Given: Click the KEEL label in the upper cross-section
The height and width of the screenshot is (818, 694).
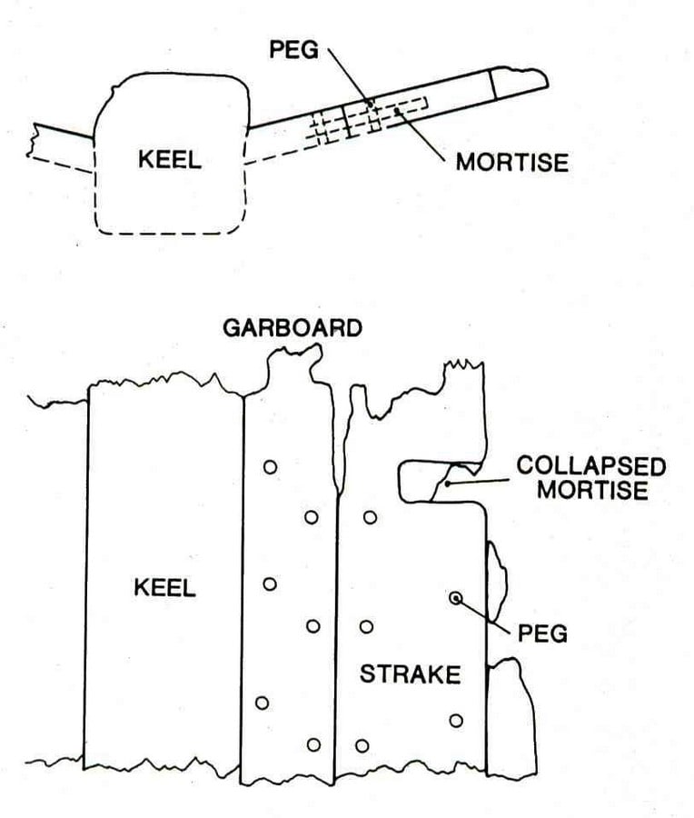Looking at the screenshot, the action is tap(170, 159).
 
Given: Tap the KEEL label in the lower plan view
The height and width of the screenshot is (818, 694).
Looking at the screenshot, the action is tap(164, 587).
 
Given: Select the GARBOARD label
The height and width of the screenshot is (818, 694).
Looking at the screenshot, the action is tap(292, 328).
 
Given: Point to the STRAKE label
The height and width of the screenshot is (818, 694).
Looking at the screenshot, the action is tap(410, 674).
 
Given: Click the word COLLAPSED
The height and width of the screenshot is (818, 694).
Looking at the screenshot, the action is tap(590, 466).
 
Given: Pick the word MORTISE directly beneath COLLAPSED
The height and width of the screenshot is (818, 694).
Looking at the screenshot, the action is tap(592, 490).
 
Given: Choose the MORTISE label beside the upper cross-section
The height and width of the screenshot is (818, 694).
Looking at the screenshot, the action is tap(512, 163).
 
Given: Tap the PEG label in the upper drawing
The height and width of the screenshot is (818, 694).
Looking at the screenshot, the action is tap(293, 50).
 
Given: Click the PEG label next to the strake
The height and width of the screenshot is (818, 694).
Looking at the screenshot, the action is tap(542, 633).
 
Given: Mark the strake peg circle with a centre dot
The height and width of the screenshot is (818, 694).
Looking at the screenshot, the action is tap(456, 598).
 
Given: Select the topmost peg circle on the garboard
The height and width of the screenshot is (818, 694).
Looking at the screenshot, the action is tap(270, 467).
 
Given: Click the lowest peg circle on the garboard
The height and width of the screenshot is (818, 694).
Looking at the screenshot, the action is tap(313, 744).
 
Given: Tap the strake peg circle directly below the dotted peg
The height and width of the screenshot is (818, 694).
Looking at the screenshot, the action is tap(456, 721).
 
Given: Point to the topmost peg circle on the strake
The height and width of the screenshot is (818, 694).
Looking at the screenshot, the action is tap(371, 517).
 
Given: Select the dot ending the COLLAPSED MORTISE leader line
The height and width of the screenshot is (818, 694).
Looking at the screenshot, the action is tap(447, 484).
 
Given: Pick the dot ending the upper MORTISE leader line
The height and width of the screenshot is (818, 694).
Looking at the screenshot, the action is tap(397, 111).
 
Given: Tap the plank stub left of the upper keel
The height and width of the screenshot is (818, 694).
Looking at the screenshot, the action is tap(60, 147).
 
